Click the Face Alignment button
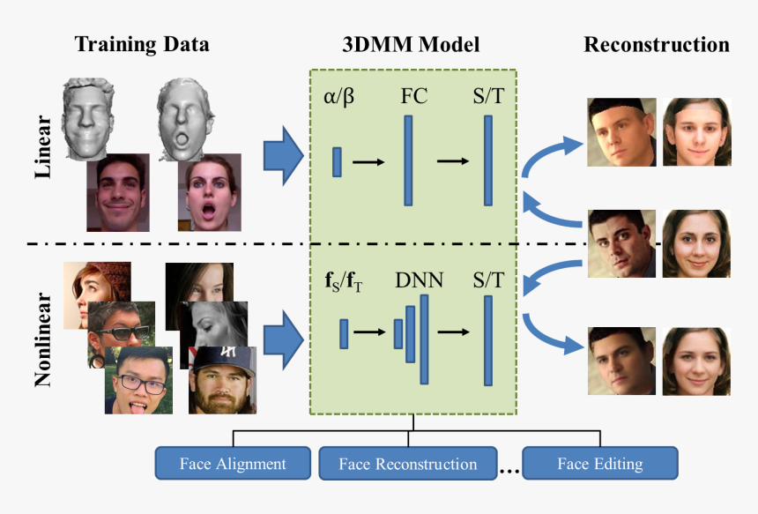(x=233, y=464)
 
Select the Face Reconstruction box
(x=408, y=464)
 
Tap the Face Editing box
(x=600, y=464)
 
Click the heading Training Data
(x=142, y=44)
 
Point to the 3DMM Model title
(x=411, y=44)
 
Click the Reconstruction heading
(x=657, y=44)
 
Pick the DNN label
(x=420, y=280)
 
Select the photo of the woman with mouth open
(x=208, y=195)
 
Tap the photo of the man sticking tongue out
(x=137, y=380)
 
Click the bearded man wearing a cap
(x=224, y=380)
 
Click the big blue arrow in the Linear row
(x=284, y=155)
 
